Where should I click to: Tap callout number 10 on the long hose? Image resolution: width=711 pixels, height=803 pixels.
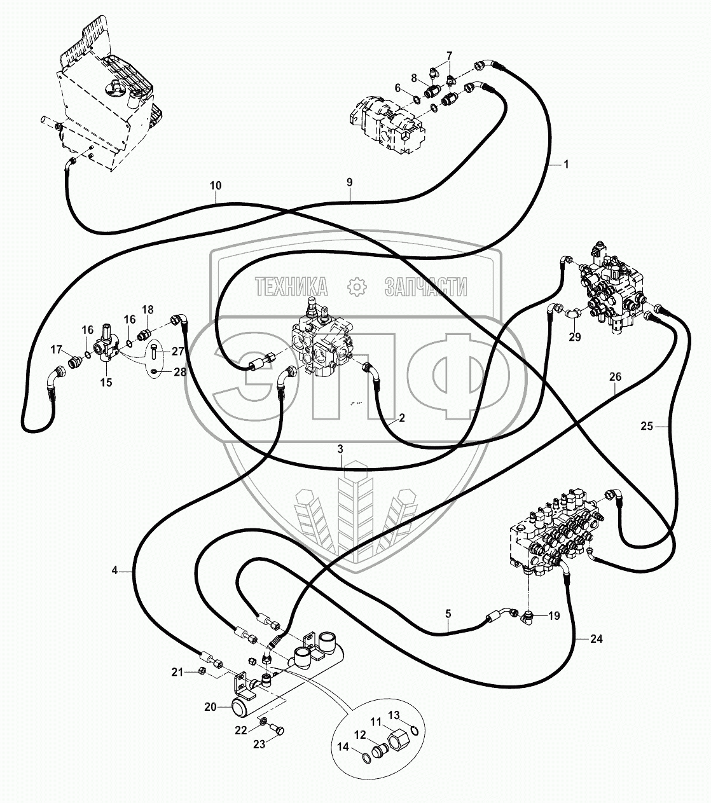(x=216, y=186)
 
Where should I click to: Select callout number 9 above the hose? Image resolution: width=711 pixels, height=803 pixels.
(x=349, y=182)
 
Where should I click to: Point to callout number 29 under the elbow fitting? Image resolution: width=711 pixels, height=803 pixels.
(x=575, y=338)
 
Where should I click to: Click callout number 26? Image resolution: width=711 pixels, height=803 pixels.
(x=615, y=376)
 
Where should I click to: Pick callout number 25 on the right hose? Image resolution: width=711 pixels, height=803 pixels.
(x=647, y=427)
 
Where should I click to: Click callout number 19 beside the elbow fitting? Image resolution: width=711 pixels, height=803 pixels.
(x=554, y=615)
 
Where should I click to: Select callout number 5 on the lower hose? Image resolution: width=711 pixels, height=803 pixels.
(x=448, y=614)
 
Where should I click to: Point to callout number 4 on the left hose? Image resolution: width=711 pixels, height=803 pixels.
(x=114, y=571)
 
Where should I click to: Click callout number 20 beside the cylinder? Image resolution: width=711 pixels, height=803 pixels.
(x=210, y=706)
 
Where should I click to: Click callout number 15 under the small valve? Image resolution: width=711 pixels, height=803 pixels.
(x=106, y=382)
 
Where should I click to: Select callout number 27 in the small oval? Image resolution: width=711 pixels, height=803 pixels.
(x=177, y=351)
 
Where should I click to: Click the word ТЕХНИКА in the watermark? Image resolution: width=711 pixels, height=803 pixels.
(x=291, y=287)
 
